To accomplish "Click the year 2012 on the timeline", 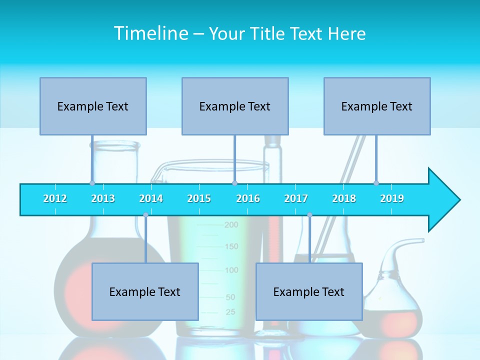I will [55, 198].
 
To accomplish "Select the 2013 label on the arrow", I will [103, 198].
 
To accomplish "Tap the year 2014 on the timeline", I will [151, 198].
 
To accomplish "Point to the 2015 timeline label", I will [199, 198].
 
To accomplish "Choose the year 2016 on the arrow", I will [248, 198].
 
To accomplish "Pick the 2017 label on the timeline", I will [296, 198].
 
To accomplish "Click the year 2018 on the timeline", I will [344, 198].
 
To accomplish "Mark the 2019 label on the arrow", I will [392, 198].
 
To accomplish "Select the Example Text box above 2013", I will [93, 106].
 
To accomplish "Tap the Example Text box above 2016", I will [235, 106].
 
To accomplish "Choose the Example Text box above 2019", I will [377, 106].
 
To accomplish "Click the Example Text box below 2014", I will [145, 291].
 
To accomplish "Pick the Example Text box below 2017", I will [309, 291].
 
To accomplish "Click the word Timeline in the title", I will [150, 33].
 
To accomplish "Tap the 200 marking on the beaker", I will [231, 225].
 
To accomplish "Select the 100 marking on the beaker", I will [231, 270].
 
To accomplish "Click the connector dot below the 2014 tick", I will [145, 215].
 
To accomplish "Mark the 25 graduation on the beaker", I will [230, 312].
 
